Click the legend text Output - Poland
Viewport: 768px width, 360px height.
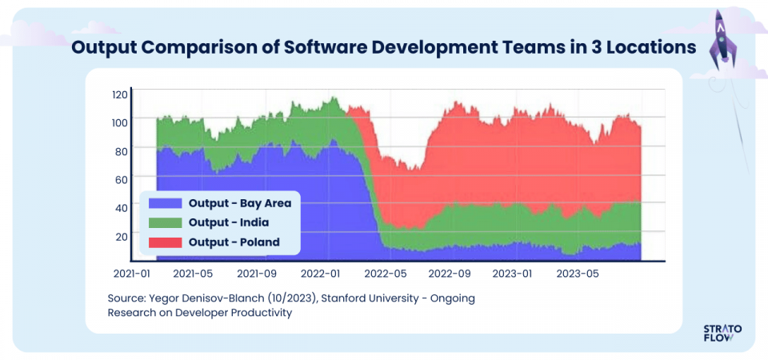(234, 242)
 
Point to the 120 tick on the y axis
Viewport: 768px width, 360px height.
(119, 94)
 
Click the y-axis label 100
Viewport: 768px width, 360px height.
(119, 122)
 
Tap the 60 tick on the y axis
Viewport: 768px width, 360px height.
(122, 179)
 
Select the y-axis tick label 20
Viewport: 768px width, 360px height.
(122, 236)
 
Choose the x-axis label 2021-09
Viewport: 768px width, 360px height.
(258, 274)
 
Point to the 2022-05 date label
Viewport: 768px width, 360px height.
(386, 274)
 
